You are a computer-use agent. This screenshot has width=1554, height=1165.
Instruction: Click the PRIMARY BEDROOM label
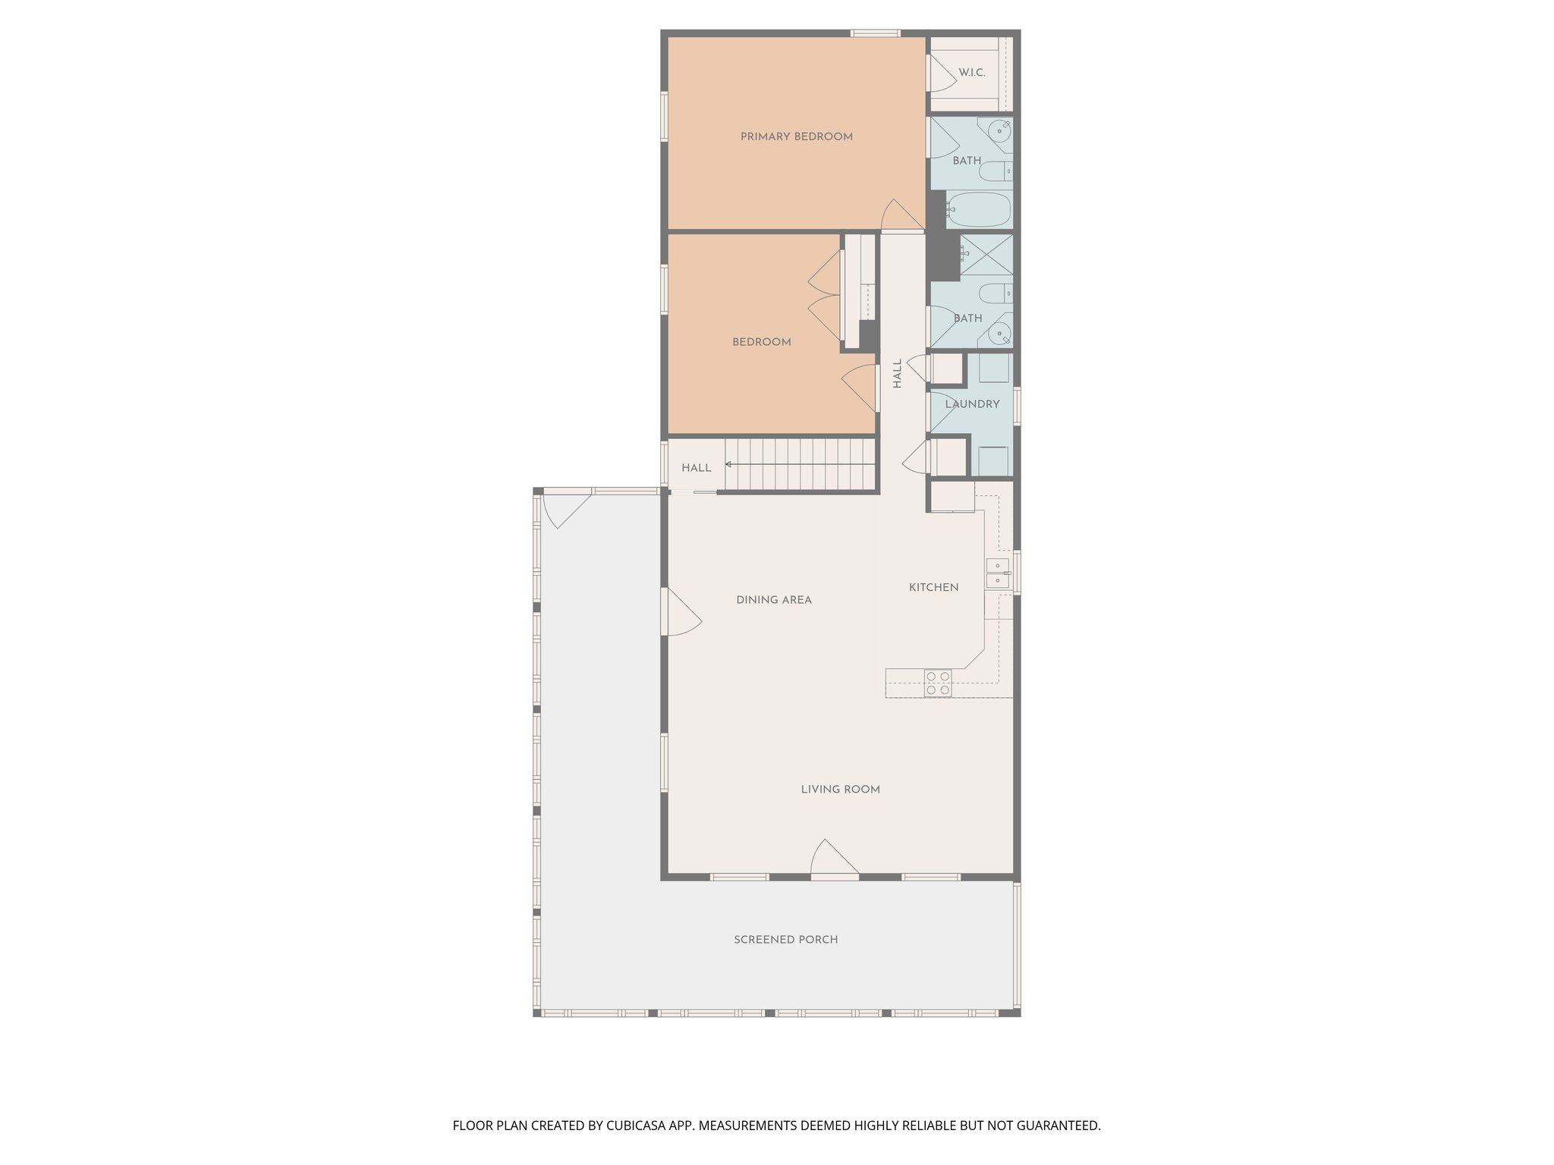click(796, 137)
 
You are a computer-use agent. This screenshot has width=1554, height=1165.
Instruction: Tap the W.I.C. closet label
click(971, 73)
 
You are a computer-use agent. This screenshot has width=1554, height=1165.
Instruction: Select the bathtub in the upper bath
click(979, 209)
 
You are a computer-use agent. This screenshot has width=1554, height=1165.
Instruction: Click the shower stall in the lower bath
click(986, 255)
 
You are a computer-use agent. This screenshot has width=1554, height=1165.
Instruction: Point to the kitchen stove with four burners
click(938, 683)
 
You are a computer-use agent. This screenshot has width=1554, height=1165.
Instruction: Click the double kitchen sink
click(997, 573)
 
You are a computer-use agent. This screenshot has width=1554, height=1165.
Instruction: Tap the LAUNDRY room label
click(972, 404)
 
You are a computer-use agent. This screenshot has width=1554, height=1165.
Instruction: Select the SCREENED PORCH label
click(785, 940)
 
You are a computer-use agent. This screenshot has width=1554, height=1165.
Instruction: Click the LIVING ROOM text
click(840, 790)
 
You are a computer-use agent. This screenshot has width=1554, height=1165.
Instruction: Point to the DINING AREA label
click(773, 600)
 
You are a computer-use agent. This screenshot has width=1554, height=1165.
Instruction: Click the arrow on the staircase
click(729, 464)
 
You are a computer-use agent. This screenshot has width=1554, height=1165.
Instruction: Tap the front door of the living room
click(834, 861)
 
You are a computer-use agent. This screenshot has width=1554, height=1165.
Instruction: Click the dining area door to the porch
click(680, 613)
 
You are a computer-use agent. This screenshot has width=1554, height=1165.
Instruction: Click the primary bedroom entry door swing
click(901, 215)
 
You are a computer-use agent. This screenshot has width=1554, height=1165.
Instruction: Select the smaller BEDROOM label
click(761, 342)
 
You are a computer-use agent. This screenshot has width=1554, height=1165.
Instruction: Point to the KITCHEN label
click(933, 587)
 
